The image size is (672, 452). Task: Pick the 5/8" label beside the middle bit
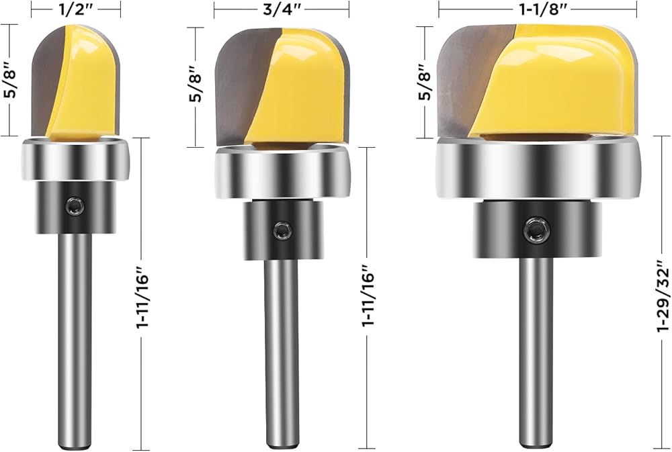point(196,87)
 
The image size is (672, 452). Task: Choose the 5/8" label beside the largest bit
point(424,83)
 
